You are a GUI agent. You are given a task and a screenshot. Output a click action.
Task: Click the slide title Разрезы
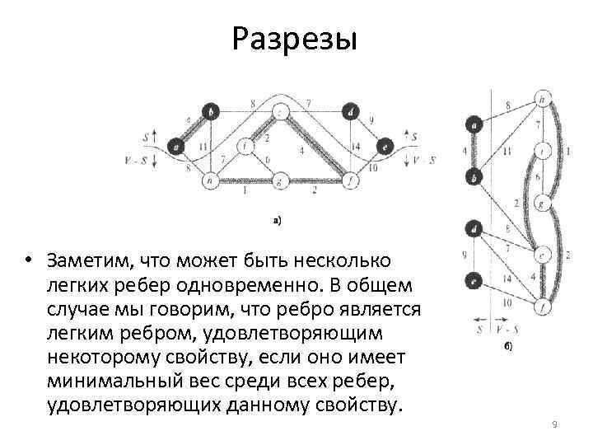tap(295, 39)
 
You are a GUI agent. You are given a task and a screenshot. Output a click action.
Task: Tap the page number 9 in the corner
tap(554, 424)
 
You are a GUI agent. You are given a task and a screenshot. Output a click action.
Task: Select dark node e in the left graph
tap(385, 147)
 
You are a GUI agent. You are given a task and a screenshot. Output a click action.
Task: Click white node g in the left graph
tap(280, 180)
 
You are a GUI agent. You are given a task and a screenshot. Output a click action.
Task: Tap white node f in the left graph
tap(351, 179)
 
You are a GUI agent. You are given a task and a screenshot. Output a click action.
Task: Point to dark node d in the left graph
tap(351, 111)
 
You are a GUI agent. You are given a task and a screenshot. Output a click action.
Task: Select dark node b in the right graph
tap(474, 176)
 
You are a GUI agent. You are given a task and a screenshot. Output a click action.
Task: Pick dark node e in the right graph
tap(474, 280)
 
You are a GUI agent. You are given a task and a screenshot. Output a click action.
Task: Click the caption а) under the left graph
tap(278, 220)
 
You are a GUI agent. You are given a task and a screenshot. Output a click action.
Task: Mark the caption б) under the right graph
tap(508, 347)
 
